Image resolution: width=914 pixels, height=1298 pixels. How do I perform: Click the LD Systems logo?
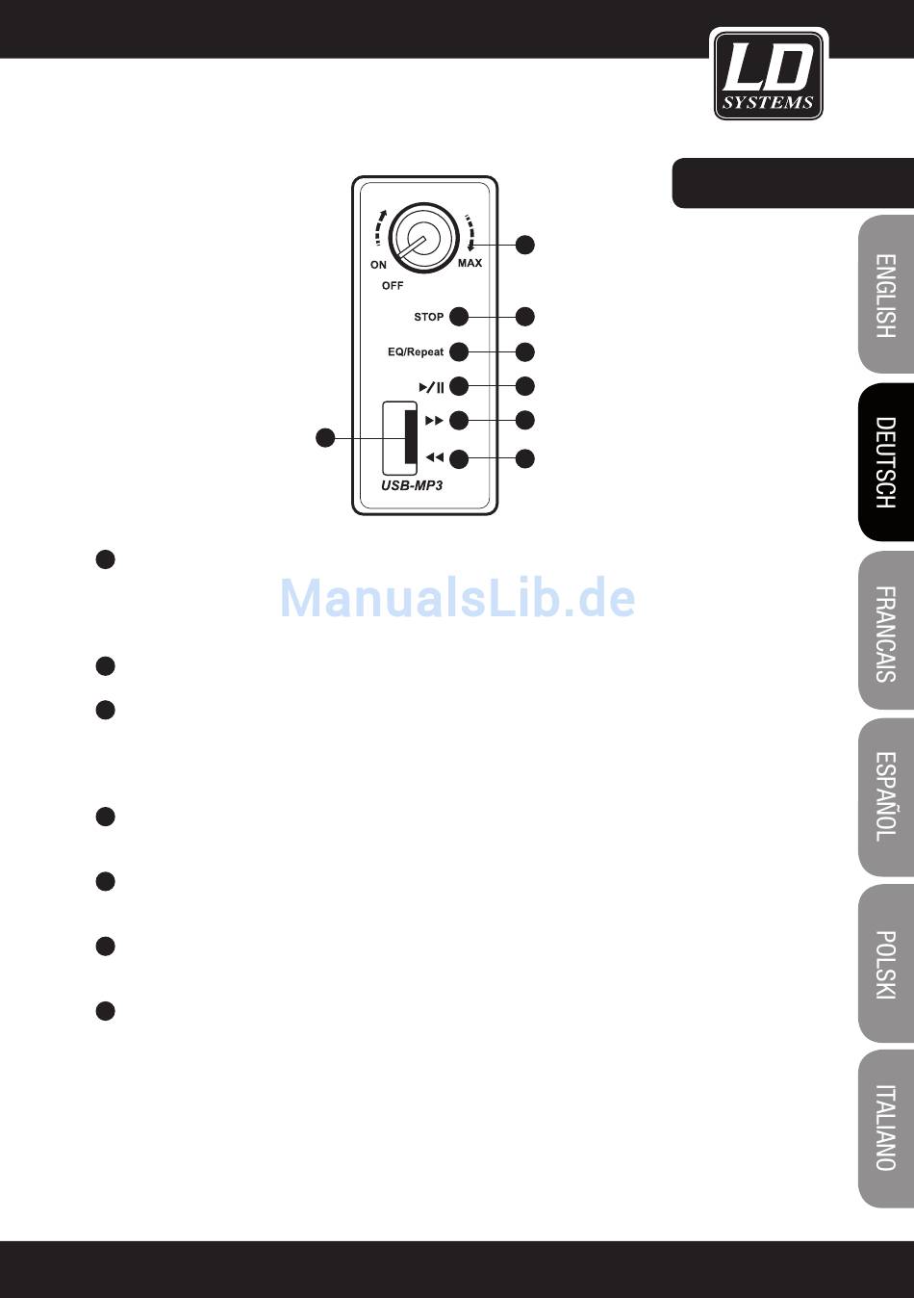click(x=768, y=74)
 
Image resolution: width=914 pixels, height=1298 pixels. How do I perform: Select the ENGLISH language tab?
click(x=886, y=295)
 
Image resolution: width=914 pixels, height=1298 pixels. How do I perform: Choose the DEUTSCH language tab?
click(x=886, y=462)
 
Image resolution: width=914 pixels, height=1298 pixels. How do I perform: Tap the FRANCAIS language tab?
click(x=886, y=632)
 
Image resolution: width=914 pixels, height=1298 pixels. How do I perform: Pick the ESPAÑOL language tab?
click(x=886, y=796)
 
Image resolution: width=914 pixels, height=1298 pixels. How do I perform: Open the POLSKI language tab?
click(x=886, y=964)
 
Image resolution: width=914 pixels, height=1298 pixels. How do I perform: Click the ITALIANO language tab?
click(x=886, y=1128)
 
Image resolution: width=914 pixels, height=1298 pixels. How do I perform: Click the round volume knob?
click(x=423, y=237)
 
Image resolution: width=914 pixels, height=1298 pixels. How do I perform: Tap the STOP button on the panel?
click(x=459, y=317)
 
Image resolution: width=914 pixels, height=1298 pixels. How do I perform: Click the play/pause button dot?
click(x=459, y=387)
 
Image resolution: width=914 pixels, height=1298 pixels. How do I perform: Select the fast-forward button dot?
click(x=459, y=421)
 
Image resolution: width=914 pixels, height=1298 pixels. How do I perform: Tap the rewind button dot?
click(x=459, y=458)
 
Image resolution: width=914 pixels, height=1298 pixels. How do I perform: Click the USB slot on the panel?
click(x=400, y=437)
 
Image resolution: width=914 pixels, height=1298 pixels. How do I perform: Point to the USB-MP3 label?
click(x=412, y=485)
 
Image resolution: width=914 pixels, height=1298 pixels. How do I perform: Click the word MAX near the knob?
click(x=470, y=263)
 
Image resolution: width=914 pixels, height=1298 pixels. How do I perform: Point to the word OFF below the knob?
click(x=393, y=286)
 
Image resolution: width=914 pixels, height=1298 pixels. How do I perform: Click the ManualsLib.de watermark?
click(x=457, y=598)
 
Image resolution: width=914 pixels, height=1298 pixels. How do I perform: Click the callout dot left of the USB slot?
click(x=326, y=438)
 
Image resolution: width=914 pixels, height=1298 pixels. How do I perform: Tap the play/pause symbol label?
click(x=431, y=388)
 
